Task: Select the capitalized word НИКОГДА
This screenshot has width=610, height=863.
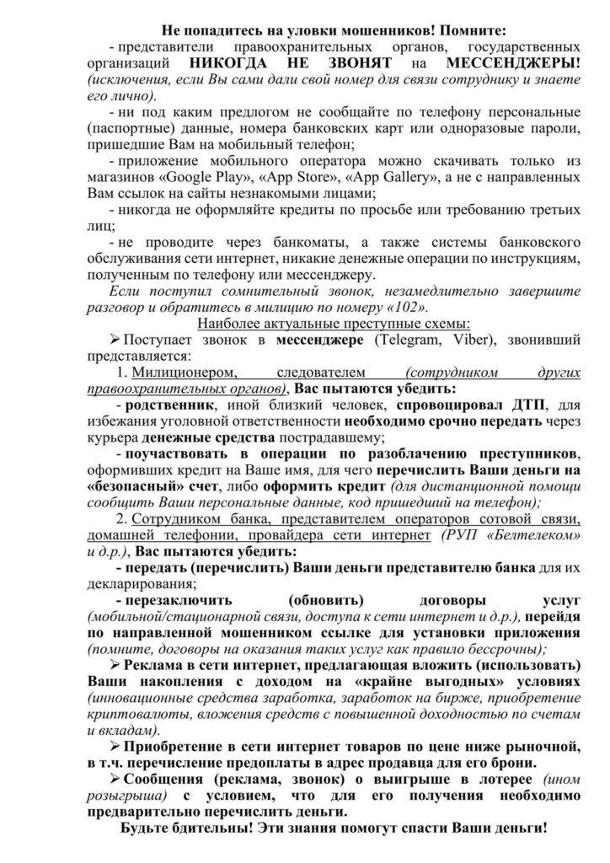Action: click(x=233, y=62)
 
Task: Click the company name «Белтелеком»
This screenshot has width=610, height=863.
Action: click(x=538, y=536)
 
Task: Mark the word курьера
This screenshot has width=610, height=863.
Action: click(x=113, y=438)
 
